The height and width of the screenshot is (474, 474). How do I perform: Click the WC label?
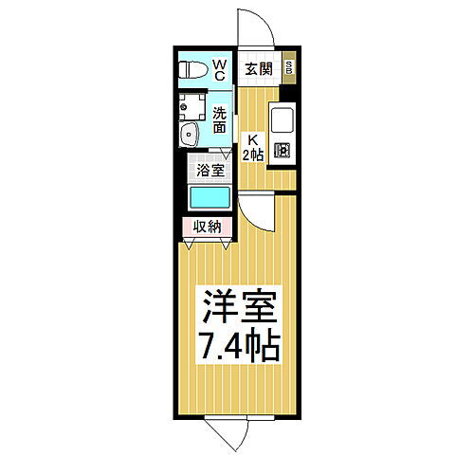[x=218, y=68]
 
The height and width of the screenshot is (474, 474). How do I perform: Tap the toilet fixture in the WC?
[x=193, y=68]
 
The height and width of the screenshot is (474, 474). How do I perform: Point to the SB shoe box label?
[x=289, y=68]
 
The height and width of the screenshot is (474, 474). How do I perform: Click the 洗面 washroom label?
[x=219, y=118]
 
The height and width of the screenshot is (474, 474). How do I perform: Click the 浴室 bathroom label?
[x=210, y=171]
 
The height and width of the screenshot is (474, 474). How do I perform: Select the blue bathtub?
[x=210, y=198]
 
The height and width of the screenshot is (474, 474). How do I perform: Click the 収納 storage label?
[x=208, y=226]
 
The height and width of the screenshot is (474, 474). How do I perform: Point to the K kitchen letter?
[x=252, y=137]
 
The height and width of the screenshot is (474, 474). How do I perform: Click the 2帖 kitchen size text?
[x=252, y=155]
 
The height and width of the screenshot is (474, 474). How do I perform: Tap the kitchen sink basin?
[x=283, y=121]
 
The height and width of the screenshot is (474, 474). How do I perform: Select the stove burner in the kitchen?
[x=283, y=149]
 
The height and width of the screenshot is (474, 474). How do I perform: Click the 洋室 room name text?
[x=237, y=308]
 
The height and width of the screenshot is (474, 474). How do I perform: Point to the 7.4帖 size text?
[x=237, y=346]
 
